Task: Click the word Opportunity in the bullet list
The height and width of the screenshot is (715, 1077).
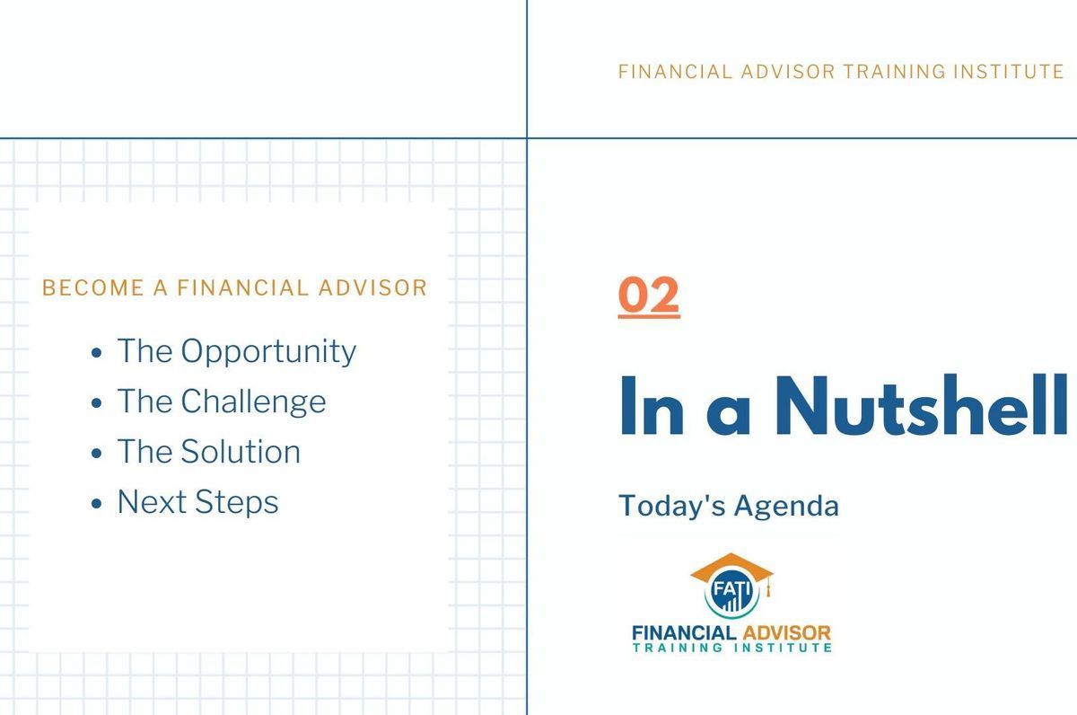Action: (268, 352)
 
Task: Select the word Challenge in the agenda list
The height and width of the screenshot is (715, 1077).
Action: (253, 402)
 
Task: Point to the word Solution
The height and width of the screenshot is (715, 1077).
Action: (241, 452)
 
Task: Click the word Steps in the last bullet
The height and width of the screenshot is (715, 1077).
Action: (237, 503)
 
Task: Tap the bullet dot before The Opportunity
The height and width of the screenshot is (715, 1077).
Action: (96, 353)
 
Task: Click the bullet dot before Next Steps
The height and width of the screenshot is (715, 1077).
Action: (96, 503)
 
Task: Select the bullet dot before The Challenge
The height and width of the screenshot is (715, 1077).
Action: (96, 402)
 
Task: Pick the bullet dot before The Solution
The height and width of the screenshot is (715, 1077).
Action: (96, 454)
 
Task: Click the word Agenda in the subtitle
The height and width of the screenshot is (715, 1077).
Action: (786, 507)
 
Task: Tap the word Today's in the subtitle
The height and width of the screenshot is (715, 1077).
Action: (671, 506)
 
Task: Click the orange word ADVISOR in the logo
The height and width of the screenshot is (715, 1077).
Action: (786, 632)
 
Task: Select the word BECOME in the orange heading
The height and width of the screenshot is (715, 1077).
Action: (93, 287)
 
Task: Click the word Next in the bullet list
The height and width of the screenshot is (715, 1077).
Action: (152, 502)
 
